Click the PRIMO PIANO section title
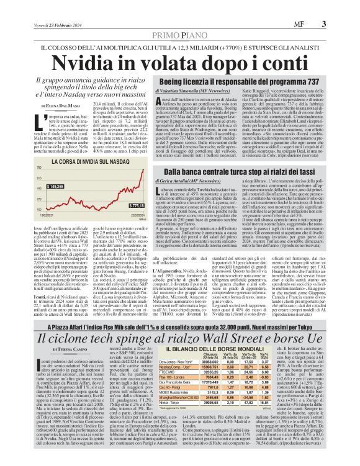tap(180, 35)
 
